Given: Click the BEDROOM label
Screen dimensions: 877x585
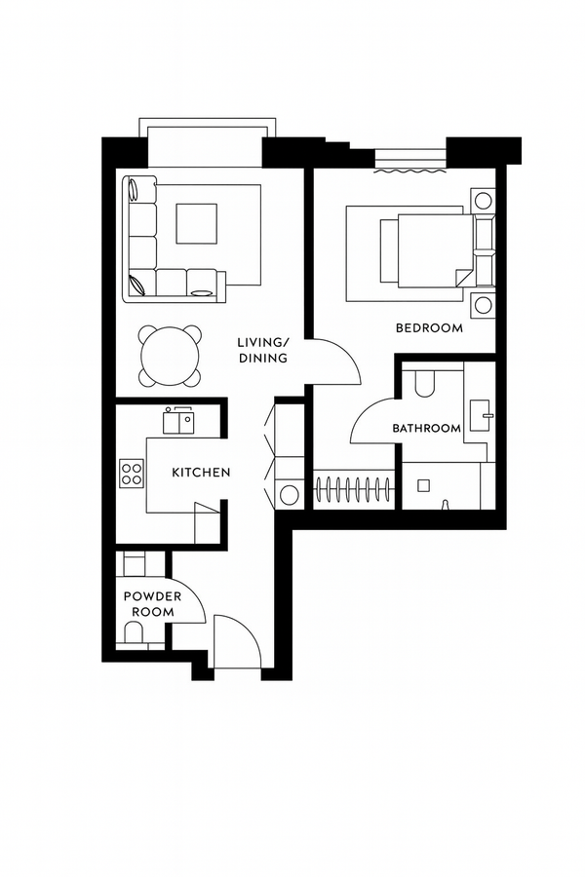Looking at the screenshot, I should (429, 328).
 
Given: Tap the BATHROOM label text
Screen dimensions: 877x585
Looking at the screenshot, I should (426, 428).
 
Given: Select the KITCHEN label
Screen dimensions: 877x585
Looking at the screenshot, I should (201, 473).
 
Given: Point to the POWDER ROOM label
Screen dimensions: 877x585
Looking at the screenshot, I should (148, 604).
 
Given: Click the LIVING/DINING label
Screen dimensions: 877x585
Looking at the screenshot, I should (263, 350).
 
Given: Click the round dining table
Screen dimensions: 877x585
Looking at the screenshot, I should (172, 355).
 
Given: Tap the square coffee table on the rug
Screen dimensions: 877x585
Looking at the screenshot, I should (198, 223).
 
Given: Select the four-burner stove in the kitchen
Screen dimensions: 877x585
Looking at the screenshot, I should (131, 474).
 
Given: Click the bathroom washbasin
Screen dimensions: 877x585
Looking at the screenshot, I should (480, 415).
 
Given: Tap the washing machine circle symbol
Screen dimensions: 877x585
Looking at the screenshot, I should (290, 495).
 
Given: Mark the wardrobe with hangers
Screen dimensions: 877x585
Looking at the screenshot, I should (355, 487).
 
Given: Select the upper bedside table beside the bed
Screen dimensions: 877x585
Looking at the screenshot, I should (483, 202).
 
